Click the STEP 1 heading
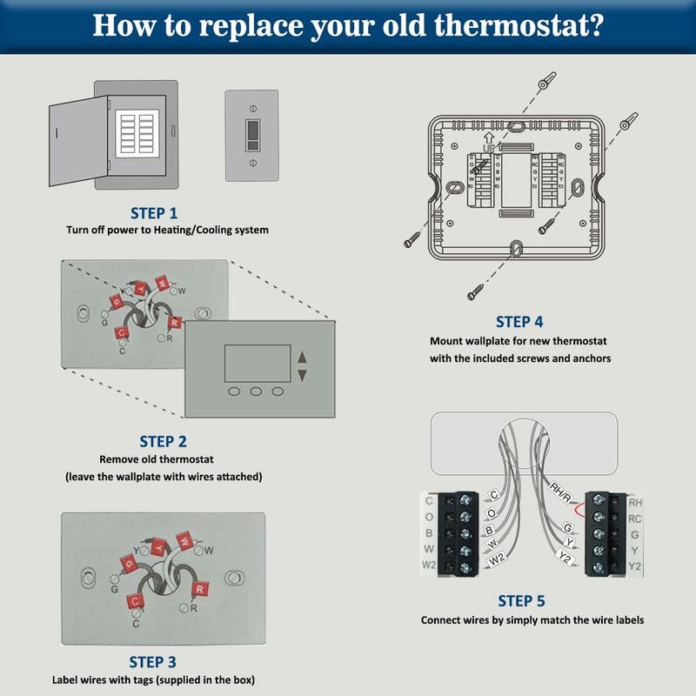(x=153, y=212)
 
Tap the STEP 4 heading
(x=519, y=321)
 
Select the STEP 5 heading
(x=521, y=601)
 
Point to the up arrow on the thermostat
(x=302, y=357)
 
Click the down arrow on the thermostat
(x=302, y=375)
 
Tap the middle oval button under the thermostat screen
(x=256, y=391)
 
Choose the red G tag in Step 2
(x=116, y=302)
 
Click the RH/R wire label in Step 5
(x=559, y=491)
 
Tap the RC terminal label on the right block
(x=635, y=519)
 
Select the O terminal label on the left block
(x=428, y=517)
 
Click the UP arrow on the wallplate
(x=488, y=137)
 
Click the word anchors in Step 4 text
(x=587, y=358)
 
